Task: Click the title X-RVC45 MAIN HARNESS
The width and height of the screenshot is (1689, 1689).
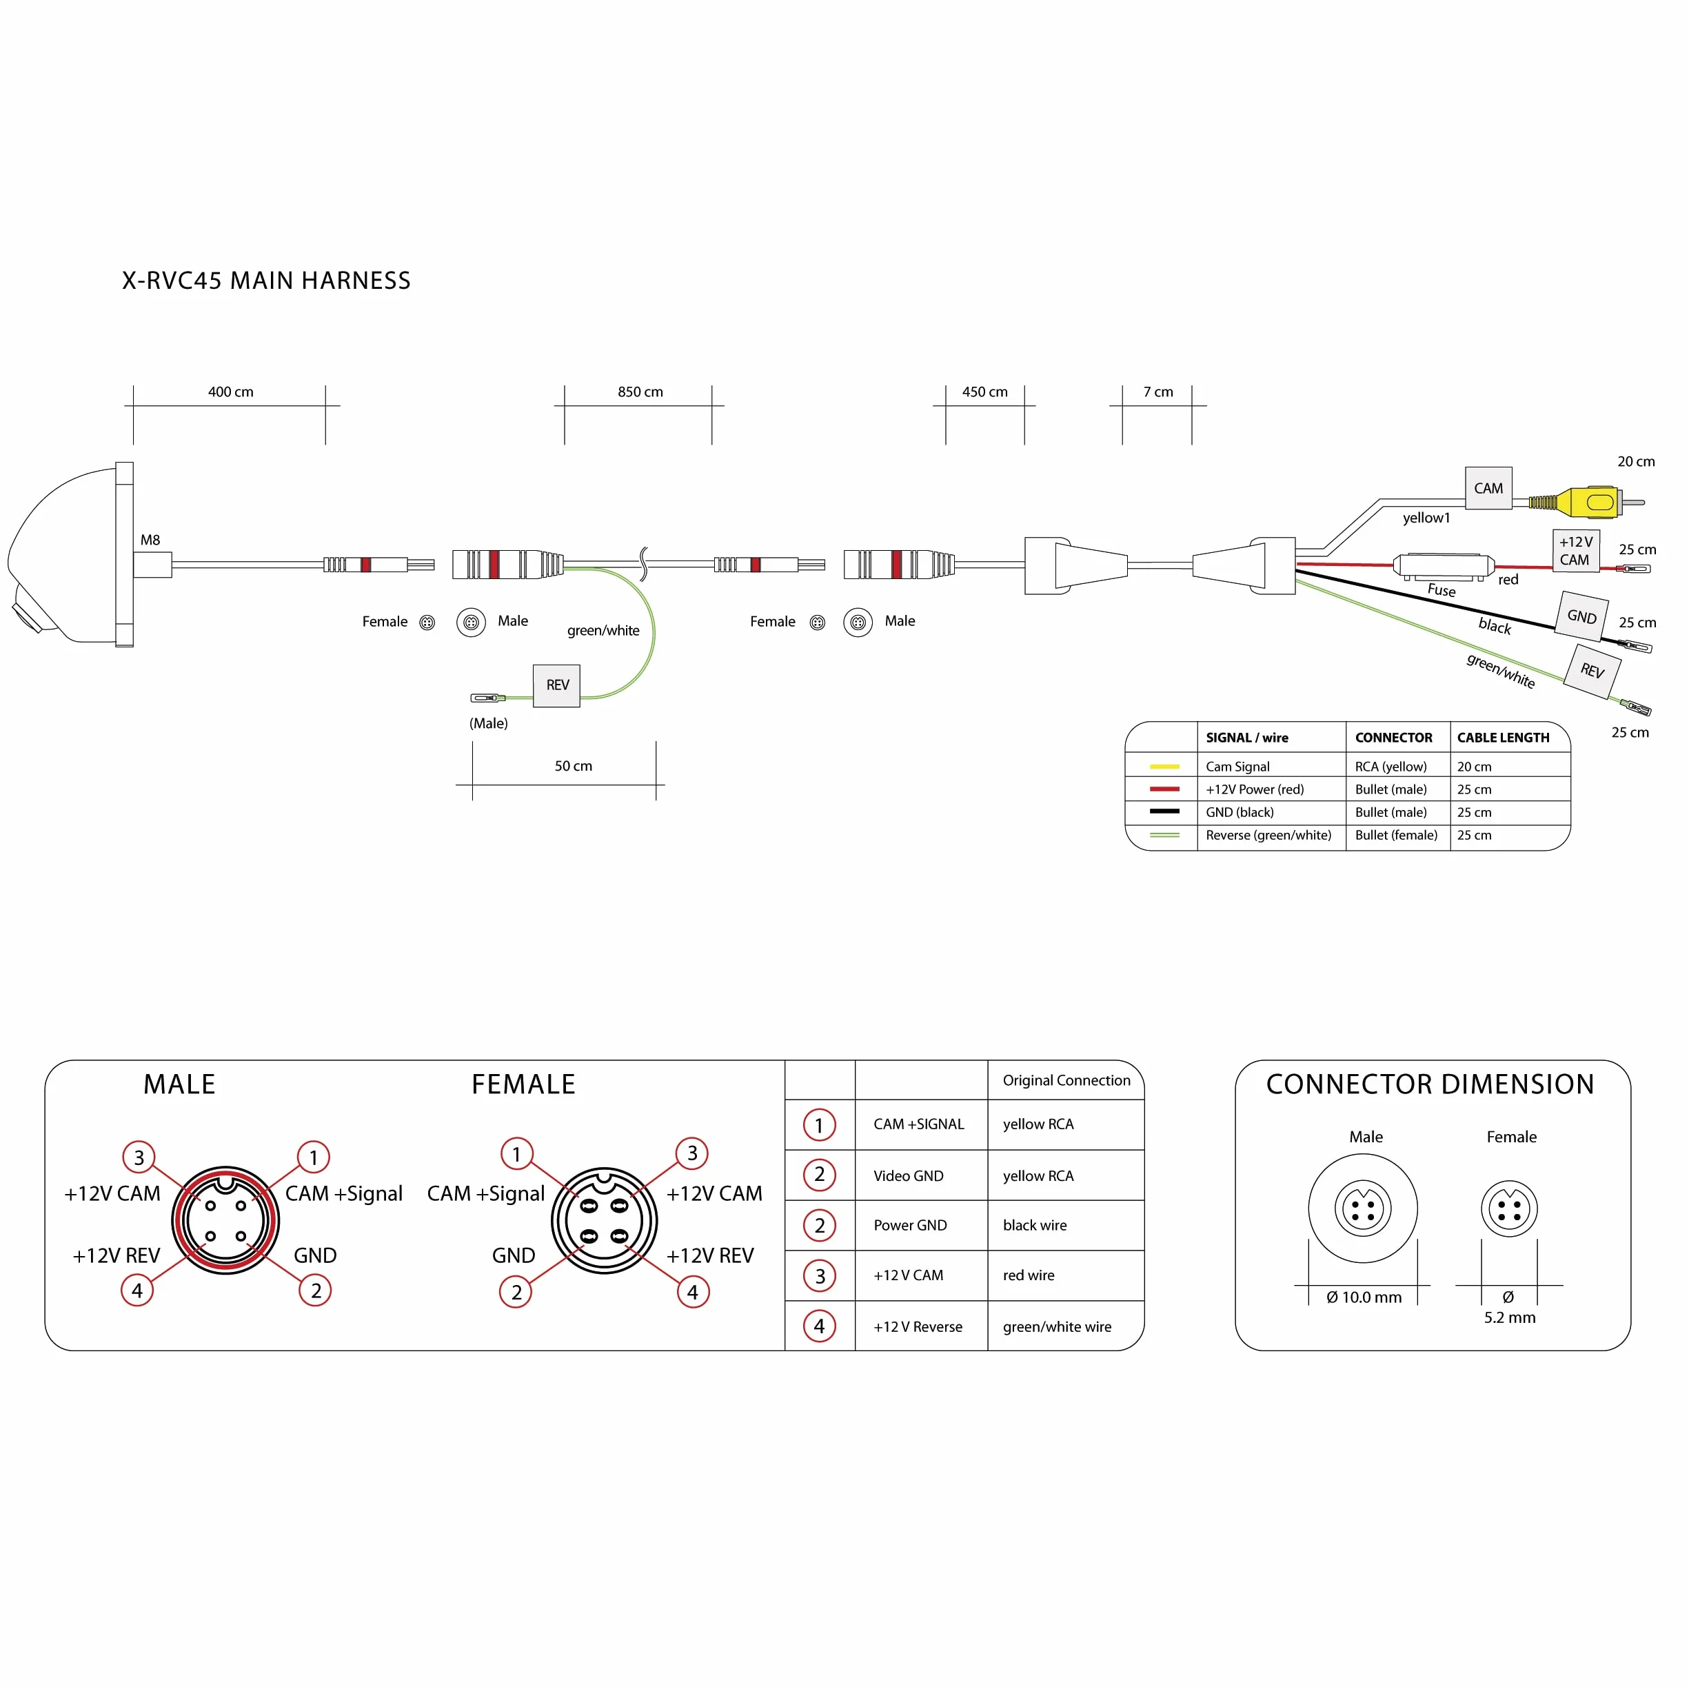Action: tap(266, 281)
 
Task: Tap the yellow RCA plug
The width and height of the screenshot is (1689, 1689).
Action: tap(1585, 502)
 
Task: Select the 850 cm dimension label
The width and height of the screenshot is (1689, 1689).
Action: tap(640, 392)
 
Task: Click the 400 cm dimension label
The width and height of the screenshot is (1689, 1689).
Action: tap(231, 392)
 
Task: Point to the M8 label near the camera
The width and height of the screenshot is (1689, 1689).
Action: tap(150, 540)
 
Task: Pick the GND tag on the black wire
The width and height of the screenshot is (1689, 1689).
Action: tap(1581, 616)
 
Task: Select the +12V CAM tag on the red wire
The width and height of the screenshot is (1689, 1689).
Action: tap(1575, 551)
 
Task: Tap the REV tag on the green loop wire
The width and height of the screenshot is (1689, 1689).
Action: tap(557, 685)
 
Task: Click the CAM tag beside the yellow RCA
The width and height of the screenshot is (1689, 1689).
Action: tap(1488, 488)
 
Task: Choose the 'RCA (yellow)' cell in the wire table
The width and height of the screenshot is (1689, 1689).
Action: tap(1390, 767)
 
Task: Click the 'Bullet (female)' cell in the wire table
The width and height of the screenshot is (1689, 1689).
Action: tap(1395, 835)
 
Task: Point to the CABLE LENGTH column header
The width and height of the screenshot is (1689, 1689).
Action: tap(1503, 738)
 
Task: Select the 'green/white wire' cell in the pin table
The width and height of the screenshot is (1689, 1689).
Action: tap(1057, 1326)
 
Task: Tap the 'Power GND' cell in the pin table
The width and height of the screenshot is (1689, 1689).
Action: tap(910, 1225)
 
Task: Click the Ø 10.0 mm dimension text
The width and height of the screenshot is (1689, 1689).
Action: tap(1364, 1297)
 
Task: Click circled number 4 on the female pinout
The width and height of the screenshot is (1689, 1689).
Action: tap(692, 1292)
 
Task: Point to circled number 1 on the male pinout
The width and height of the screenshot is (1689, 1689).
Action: tap(313, 1157)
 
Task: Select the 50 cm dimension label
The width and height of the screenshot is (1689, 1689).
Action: tap(574, 766)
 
